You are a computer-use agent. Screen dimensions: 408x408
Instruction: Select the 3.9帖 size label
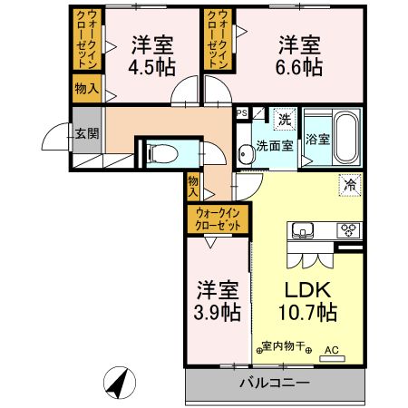[x=218, y=311]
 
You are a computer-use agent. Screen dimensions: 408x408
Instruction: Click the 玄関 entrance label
[x=87, y=133]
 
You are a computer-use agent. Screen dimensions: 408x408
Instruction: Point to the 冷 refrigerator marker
[x=350, y=184]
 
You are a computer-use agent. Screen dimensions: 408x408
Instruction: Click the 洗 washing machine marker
[x=284, y=119]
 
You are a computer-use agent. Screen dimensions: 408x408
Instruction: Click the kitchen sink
[x=302, y=229]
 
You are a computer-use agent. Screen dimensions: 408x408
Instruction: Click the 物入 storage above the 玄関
[x=87, y=88]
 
